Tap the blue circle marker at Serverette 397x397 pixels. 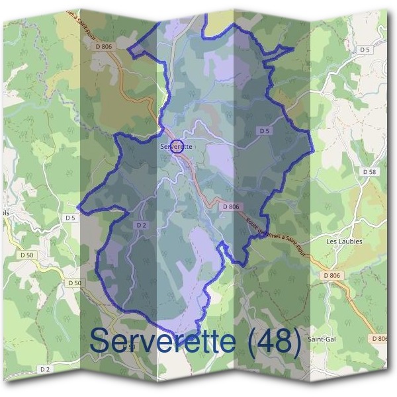click(x=177, y=148)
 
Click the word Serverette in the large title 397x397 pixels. click(x=163, y=341)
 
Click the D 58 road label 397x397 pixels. click(x=369, y=171)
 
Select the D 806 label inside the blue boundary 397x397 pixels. click(x=230, y=206)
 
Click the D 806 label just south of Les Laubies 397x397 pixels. click(x=332, y=275)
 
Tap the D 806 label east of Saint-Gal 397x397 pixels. click(x=380, y=338)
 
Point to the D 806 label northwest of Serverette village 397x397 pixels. click(x=105, y=46)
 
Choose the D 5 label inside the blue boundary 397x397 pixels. click(x=265, y=131)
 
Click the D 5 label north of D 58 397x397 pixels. click(x=365, y=50)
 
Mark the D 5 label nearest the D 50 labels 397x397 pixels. click(x=71, y=217)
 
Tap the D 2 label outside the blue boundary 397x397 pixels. click(x=45, y=369)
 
